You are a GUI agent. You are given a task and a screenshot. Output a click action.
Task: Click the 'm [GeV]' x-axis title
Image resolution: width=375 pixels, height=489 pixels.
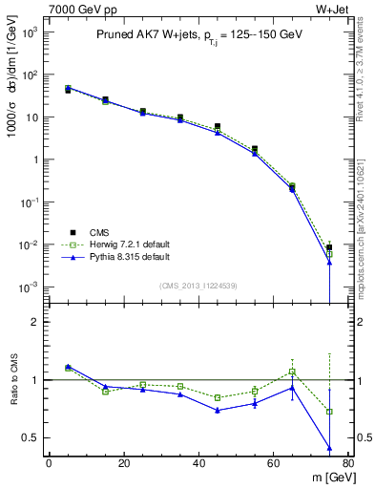pos(329,478)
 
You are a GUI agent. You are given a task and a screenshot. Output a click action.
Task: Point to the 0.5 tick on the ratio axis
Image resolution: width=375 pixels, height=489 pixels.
pos(31,437)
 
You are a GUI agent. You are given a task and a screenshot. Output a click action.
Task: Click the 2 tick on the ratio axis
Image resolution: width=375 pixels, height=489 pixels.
pos(34,322)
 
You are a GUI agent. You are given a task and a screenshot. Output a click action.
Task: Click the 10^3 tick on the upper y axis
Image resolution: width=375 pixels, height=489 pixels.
pos(31,32)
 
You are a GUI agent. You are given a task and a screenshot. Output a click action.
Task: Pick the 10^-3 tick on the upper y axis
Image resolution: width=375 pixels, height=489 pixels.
pos(31,287)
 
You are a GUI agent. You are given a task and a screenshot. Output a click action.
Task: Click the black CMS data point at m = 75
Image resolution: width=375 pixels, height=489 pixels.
pos(329,247)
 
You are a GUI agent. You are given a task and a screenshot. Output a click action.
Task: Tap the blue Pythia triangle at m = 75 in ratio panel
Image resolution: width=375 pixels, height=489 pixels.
pos(329,448)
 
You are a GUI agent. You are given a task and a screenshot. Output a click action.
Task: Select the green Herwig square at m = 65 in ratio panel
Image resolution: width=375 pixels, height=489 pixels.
pos(292,372)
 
